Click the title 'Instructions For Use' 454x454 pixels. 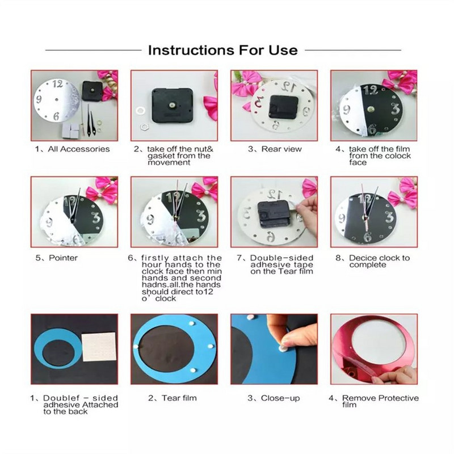[222, 50]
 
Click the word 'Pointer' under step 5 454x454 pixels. [65, 258]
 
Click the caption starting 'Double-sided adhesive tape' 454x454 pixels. [282, 264]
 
